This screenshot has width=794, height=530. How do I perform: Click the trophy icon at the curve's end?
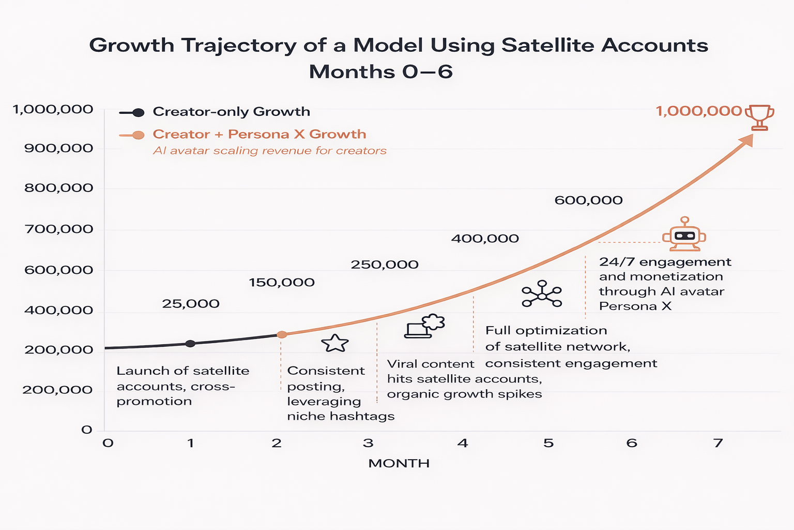(x=759, y=117)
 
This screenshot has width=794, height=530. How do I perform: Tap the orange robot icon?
(x=684, y=232)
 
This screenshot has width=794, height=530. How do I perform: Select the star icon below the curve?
(x=335, y=343)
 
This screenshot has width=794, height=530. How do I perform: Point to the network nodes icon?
(x=542, y=294)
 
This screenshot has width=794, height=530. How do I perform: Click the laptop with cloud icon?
(x=424, y=327)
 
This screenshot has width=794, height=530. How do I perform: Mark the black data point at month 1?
(x=190, y=344)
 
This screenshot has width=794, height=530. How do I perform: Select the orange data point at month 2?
(x=282, y=335)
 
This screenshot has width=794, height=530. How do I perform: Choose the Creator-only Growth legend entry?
(x=231, y=112)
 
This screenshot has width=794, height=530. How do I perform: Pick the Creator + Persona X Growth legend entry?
(x=259, y=135)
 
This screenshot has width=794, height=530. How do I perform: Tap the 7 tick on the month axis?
(x=717, y=443)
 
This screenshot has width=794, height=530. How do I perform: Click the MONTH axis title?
(x=399, y=463)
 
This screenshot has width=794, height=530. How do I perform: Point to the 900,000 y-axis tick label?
(x=58, y=149)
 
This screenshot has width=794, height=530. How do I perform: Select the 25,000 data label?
(x=191, y=304)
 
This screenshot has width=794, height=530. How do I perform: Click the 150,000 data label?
(x=282, y=283)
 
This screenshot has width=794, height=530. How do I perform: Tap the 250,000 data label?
(x=385, y=264)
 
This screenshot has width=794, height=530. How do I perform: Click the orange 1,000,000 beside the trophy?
(x=699, y=111)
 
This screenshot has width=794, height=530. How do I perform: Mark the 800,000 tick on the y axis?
(x=58, y=188)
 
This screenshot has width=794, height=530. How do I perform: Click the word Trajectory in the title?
(x=239, y=46)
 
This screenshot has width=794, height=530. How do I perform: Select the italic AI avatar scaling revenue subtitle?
(x=270, y=151)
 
